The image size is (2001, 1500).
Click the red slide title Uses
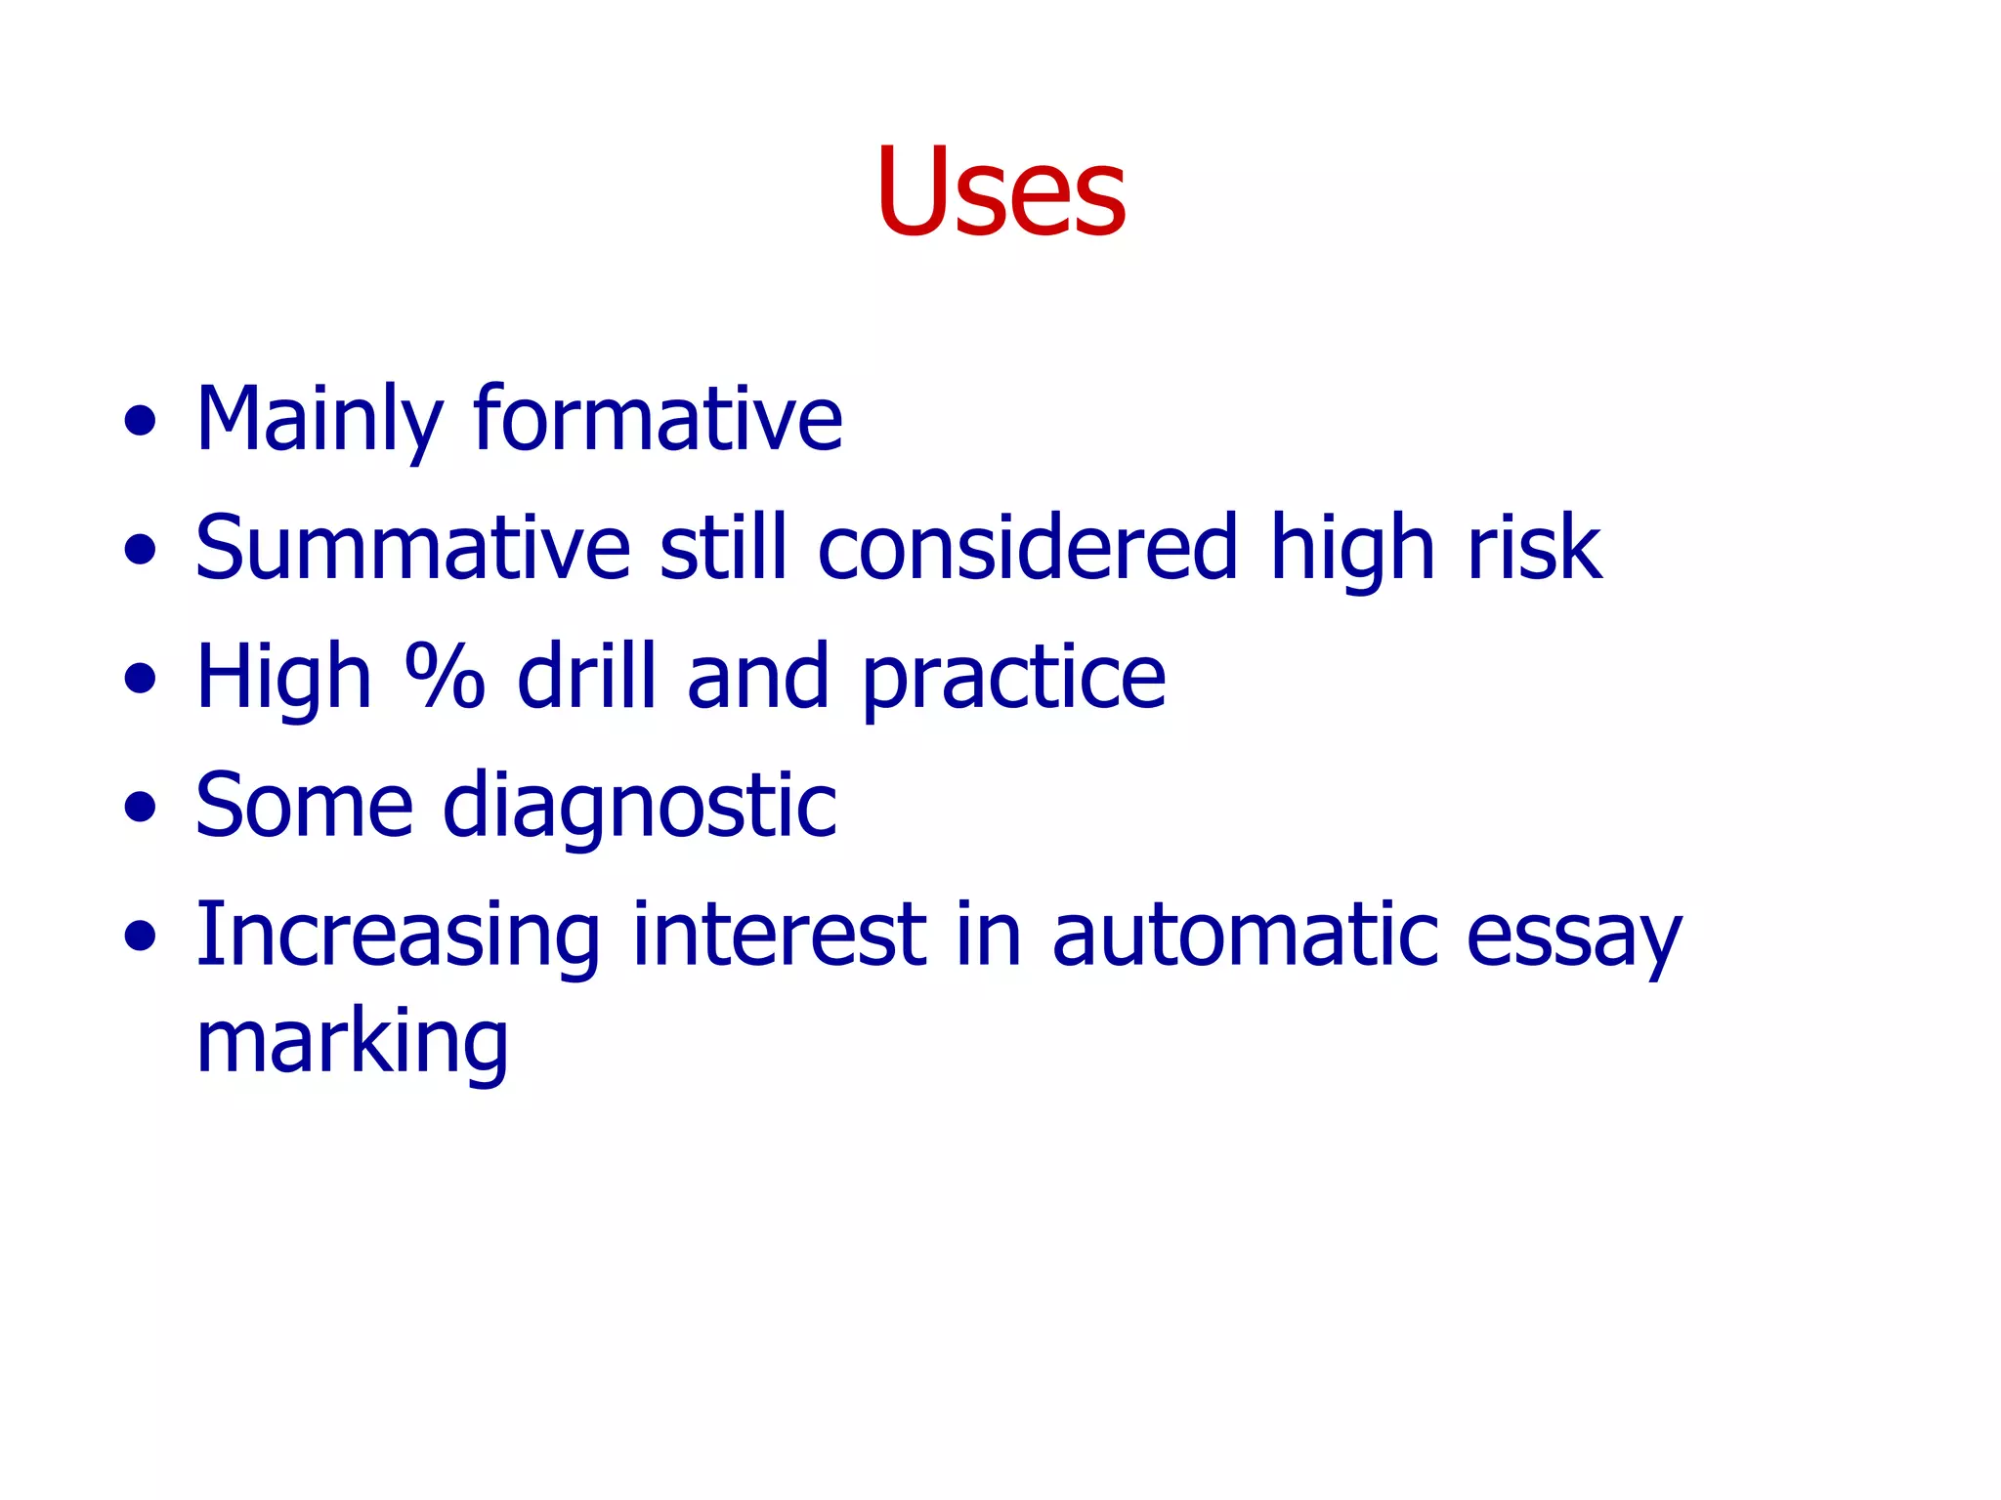[1000, 190]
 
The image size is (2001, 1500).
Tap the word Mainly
[319, 420]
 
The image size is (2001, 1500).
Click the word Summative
[413, 548]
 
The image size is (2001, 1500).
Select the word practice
[1013, 679]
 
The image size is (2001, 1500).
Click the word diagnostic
[640, 807]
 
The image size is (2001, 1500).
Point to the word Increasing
[398, 936]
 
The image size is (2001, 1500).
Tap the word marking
[353, 1043]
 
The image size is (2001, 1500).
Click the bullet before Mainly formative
[141, 421]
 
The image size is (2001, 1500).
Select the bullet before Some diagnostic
[141, 808]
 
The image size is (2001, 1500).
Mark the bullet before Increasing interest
[141, 937]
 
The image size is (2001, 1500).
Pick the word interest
[779, 935]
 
